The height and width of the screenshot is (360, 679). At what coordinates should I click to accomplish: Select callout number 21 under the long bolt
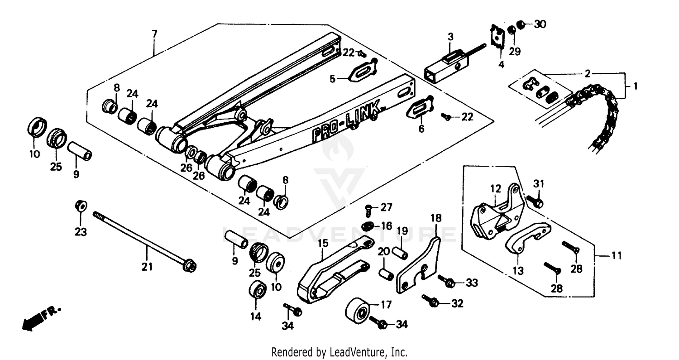pyautogui.click(x=147, y=267)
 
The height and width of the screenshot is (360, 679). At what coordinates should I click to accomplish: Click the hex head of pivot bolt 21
pyautogui.click(x=190, y=266)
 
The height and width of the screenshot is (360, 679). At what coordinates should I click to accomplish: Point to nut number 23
pyautogui.click(x=81, y=206)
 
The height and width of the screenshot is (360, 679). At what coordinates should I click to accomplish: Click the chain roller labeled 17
pyautogui.click(x=358, y=311)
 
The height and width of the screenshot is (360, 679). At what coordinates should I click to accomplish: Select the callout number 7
pyautogui.click(x=154, y=34)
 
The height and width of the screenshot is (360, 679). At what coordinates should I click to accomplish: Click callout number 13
pyautogui.click(x=518, y=271)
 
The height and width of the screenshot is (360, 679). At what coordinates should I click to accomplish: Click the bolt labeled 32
pyautogui.click(x=430, y=300)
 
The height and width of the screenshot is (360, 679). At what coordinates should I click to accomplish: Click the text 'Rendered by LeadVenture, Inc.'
pyautogui.click(x=339, y=352)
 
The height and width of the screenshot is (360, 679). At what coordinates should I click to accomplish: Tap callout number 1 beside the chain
pyautogui.click(x=635, y=86)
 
